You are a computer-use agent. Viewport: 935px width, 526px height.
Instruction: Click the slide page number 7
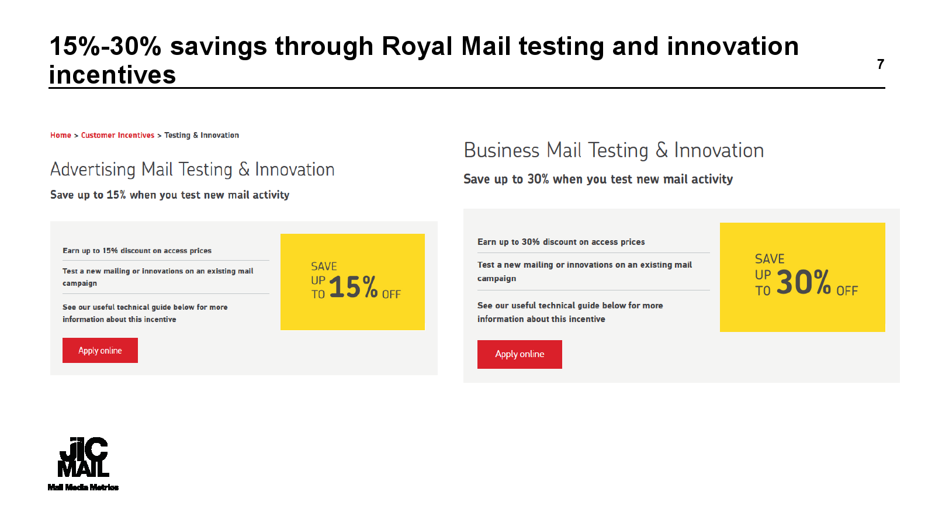[x=880, y=64]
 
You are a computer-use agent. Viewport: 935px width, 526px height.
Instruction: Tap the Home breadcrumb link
[x=61, y=135]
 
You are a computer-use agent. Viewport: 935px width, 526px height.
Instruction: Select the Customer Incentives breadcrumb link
[x=117, y=135]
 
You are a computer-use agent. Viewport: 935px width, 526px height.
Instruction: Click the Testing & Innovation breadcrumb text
[x=202, y=135]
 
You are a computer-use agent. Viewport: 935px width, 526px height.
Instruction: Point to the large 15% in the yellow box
[x=354, y=287]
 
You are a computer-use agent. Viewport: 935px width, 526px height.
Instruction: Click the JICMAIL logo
[x=84, y=456]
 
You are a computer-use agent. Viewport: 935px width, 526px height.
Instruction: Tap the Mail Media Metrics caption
[x=83, y=487]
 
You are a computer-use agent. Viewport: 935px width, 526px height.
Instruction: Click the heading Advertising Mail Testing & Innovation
[x=192, y=169]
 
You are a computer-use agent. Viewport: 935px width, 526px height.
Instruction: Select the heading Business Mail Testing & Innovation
[x=614, y=150]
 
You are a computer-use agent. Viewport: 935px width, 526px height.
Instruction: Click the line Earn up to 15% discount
[x=137, y=251]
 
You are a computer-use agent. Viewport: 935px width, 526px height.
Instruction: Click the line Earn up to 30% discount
[x=561, y=242]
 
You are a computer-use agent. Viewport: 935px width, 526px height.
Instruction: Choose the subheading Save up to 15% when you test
[x=170, y=195]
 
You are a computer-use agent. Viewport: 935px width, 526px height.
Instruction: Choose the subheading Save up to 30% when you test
[x=598, y=179]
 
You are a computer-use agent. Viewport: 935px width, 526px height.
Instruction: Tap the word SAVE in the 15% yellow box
[x=324, y=267]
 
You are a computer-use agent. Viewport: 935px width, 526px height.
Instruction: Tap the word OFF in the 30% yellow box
[x=847, y=290]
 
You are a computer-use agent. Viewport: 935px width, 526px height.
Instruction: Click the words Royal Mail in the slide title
[x=446, y=46]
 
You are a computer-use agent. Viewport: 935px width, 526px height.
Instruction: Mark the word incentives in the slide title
[x=112, y=75]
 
